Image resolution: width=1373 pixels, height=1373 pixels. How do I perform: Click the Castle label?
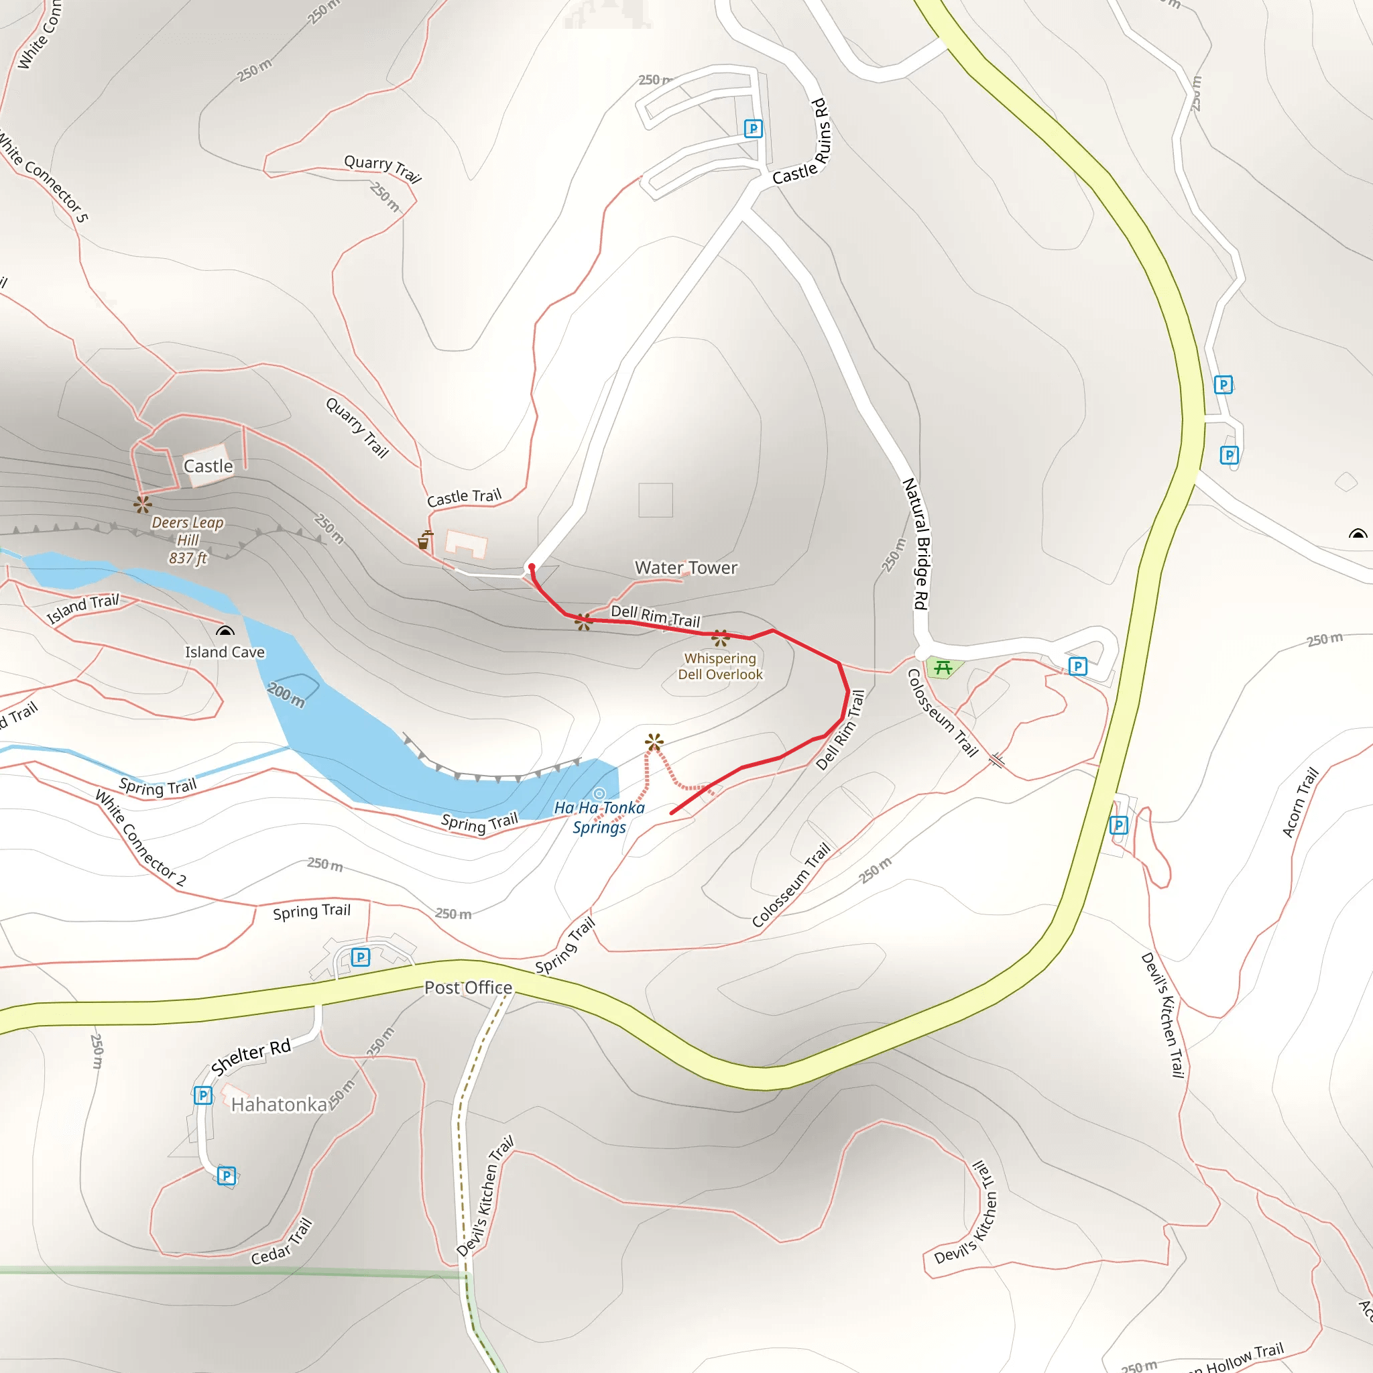tap(208, 466)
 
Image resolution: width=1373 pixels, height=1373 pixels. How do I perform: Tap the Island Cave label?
tap(225, 652)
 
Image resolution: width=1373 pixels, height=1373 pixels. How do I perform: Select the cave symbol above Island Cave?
tap(225, 630)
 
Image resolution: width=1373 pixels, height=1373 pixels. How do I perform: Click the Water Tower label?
tap(686, 567)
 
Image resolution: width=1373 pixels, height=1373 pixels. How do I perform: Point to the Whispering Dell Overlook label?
tap(720, 666)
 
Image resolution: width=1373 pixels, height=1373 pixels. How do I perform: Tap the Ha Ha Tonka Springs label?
tap(599, 817)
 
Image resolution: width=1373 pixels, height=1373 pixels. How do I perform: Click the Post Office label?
tap(468, 987)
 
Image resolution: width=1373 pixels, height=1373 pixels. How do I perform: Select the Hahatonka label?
tap(279, 1104)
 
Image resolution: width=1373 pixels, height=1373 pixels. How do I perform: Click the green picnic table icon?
tap(943, 667)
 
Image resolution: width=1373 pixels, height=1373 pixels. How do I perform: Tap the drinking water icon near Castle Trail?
tap(424, 540)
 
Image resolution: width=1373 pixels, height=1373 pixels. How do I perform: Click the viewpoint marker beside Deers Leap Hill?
tap(142, 505)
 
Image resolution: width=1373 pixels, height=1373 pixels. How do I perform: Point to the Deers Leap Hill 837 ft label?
tap(188, 540)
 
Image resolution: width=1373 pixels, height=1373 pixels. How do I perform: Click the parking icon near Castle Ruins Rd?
tap(753, 129)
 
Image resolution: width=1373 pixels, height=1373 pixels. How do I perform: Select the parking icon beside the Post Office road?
tap(360, 957)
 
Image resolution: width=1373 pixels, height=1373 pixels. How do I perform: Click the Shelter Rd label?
tap(251, 1057)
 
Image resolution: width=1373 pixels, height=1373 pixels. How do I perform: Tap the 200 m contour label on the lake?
tap(286, 695)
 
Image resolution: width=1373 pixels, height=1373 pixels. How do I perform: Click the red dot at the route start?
tap(532, 566)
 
